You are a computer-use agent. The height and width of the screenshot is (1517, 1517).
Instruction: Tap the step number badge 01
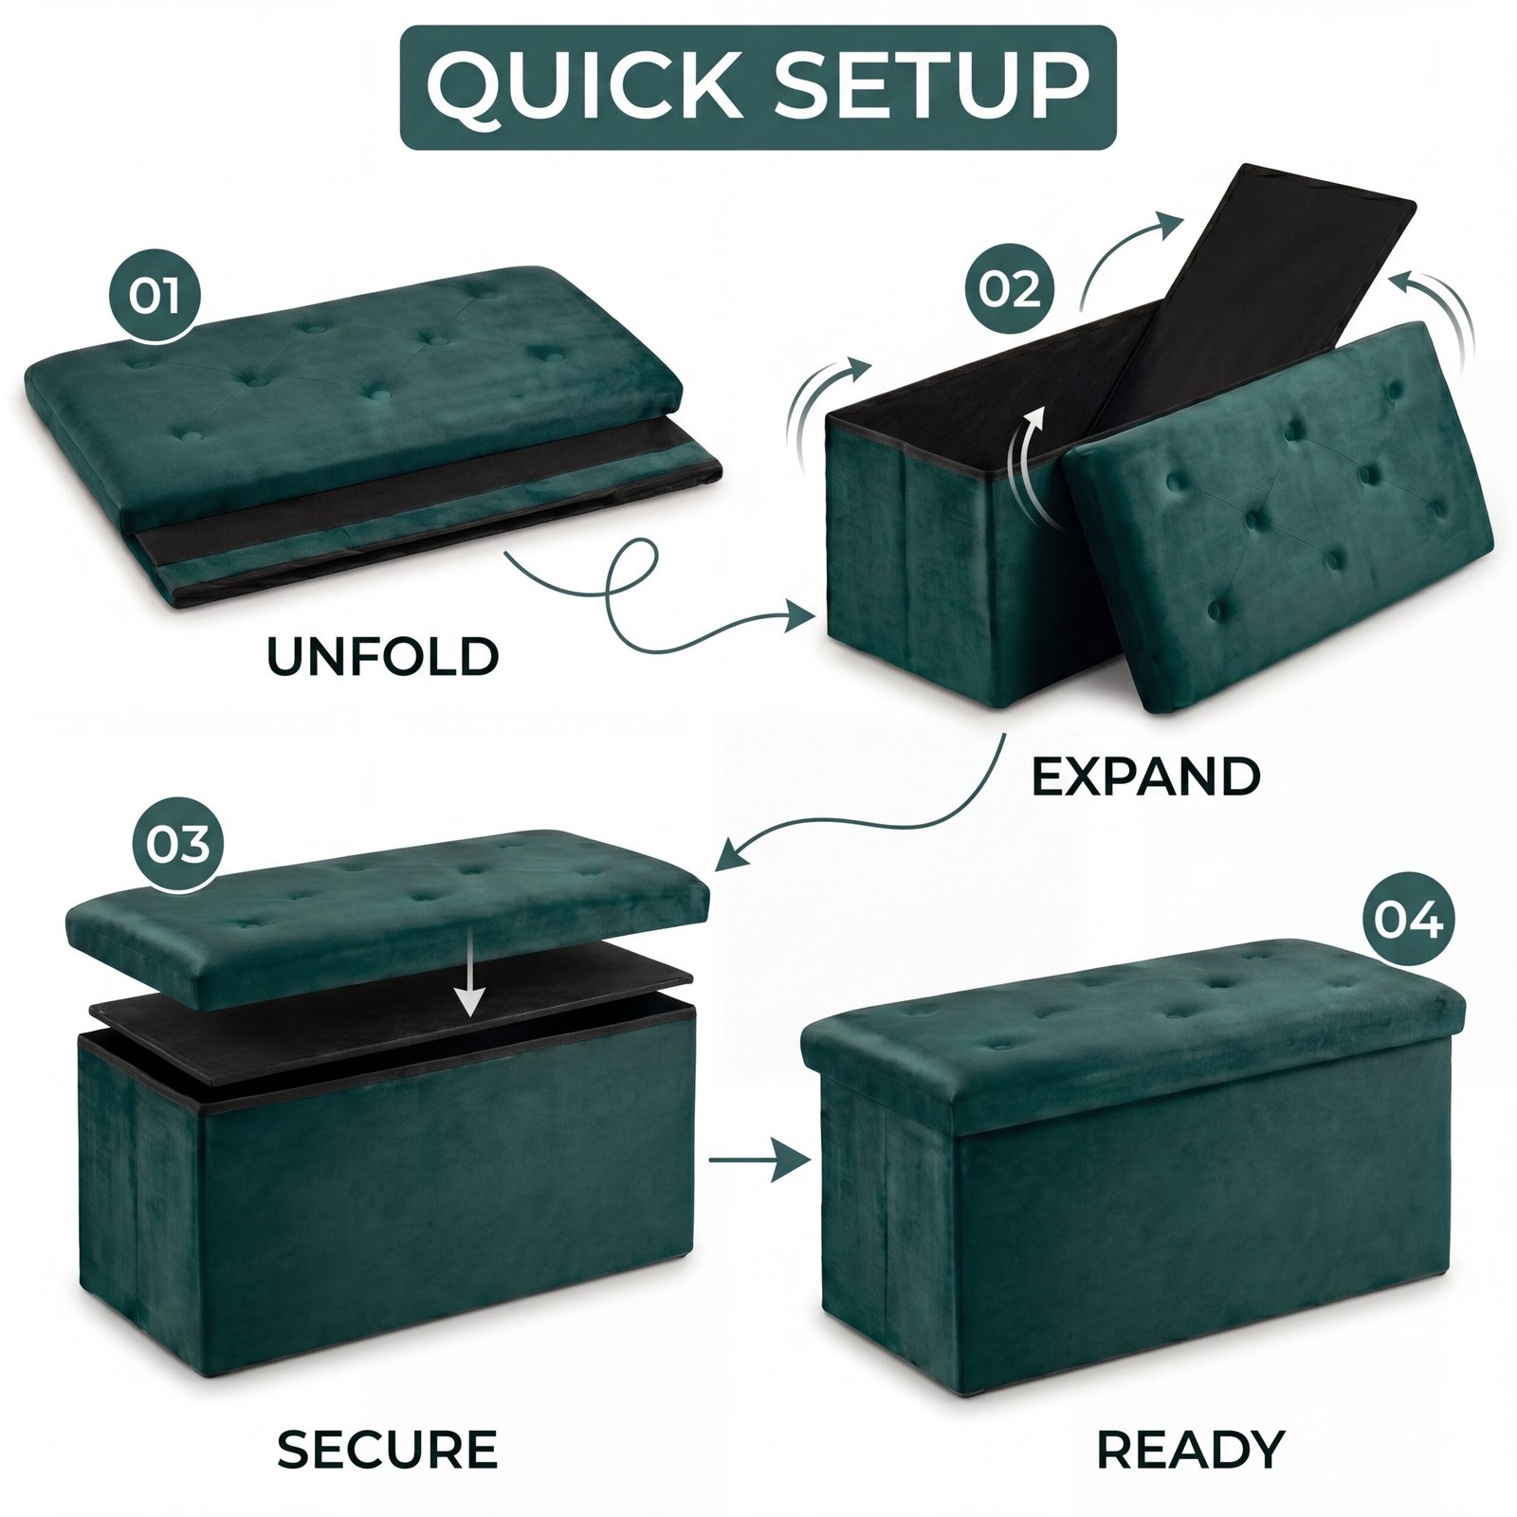point(155,295)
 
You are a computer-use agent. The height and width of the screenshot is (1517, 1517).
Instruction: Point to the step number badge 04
point(1408,919)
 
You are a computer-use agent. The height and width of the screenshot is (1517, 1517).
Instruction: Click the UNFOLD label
point(382,657)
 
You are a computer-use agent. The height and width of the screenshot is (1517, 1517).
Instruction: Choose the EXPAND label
point(1145,777)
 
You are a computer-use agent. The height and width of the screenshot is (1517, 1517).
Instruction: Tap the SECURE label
point(387,1449)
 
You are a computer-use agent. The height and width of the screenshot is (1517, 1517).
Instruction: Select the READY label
point(1190,1449)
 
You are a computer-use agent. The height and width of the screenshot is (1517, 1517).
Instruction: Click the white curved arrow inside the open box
point(1027,465)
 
